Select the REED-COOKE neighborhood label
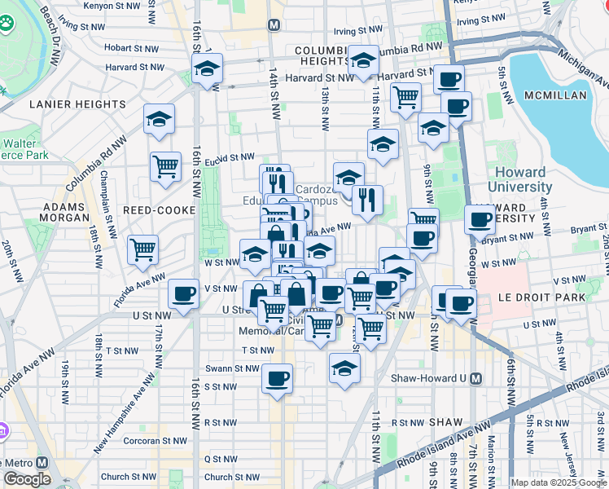(x=159, y=210)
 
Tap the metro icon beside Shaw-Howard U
(x=476, y=378)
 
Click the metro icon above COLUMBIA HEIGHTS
(x=274, y=25)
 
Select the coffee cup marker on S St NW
(x=278, y=378)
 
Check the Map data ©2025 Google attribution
(x=559, y=482)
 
